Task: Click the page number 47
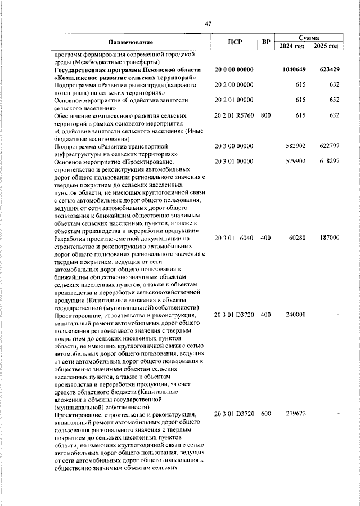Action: point(208,24)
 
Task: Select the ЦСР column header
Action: point(235,42)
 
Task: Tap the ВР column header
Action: point(265,42)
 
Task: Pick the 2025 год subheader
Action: point(326,46)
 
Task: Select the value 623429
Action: point(328,69)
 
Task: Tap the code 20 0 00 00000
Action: point(235,69)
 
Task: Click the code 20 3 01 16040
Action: point(235,238)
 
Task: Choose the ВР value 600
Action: point(265,414)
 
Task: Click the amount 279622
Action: point(295,414)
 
